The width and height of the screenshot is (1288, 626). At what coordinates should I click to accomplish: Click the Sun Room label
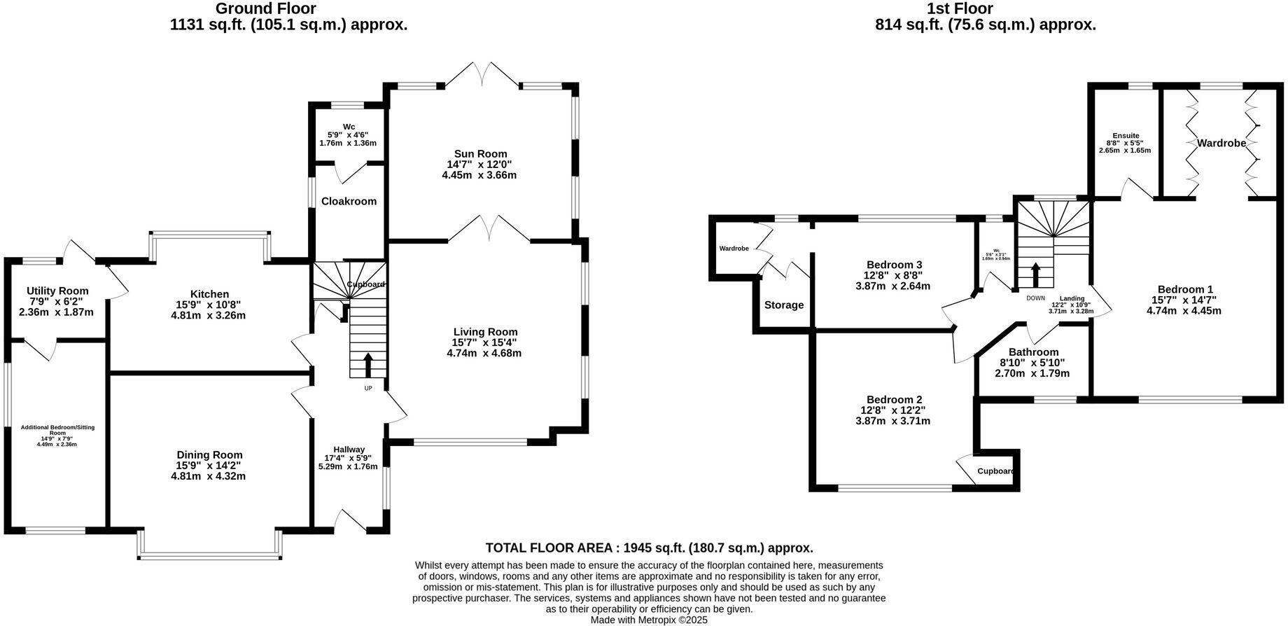click(480, 154)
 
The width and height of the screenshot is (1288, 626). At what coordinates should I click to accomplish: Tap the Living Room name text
click(485, 332)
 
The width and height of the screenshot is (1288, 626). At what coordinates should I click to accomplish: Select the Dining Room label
click(209, 454)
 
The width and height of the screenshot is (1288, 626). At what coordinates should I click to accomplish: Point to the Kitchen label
click(209, 294)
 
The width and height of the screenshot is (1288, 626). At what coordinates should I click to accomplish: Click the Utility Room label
click(57, 291)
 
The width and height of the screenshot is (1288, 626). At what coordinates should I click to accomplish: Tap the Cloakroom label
click(349, 201)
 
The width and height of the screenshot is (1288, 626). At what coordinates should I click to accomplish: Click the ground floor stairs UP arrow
click(367, 366)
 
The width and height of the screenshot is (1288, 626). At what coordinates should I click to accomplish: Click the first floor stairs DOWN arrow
click(1035, 274)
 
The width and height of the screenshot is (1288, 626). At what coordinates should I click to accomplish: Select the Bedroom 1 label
click(1184, 289)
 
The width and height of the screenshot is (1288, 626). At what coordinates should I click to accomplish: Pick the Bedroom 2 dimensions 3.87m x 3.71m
click(892, 421)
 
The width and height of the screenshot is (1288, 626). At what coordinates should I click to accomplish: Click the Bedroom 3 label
click(894, 265)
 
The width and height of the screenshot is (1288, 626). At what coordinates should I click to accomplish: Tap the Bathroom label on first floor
click(1033, 352)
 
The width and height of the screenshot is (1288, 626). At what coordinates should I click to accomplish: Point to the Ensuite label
click(1126, 136)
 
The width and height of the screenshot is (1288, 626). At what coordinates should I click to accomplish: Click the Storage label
click(783, 305)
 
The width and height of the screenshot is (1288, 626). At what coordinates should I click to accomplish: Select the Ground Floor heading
click(265, 9)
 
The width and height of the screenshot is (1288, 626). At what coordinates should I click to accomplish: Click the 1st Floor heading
click(959, 9)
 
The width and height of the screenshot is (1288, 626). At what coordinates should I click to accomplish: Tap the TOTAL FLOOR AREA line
click(649, 548)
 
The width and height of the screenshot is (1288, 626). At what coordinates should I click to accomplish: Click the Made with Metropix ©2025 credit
click(649, 620)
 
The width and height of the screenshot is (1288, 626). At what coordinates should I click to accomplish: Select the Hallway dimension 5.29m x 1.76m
click(349, 466)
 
